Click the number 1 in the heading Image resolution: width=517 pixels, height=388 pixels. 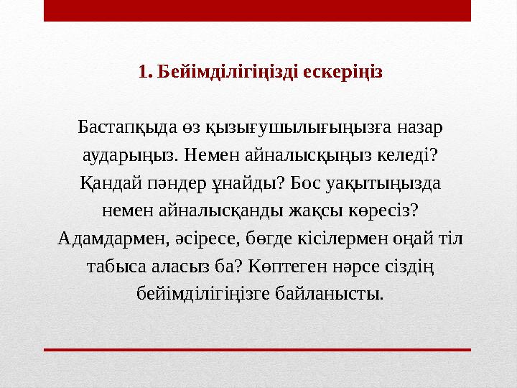[x=141, y=72]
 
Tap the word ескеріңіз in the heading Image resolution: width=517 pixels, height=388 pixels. [x=344, y=72]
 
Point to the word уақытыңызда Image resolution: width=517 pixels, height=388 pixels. [x=386, y=183]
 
